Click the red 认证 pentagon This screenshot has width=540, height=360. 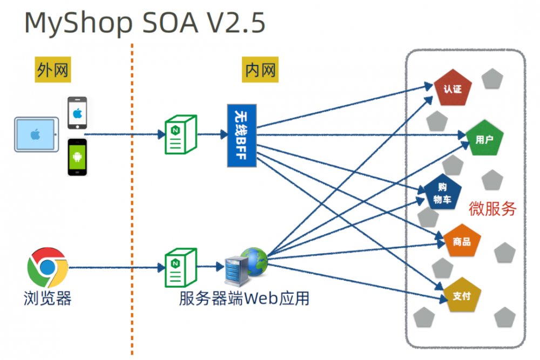coord(453,88)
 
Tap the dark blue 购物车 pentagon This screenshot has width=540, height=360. coord(443,193)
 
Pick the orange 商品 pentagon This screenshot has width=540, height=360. coord(462,241)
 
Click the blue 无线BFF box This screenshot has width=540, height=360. coord(241,135)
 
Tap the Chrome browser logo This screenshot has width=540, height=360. coord(48,268)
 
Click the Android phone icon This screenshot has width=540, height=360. coord(77,157)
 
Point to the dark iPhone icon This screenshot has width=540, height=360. coord(77,113)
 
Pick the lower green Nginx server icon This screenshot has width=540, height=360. coord(180,266)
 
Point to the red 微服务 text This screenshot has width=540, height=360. coord(492,208)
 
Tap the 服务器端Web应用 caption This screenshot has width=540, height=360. coord(244,298)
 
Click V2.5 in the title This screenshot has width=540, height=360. coord(230,23)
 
